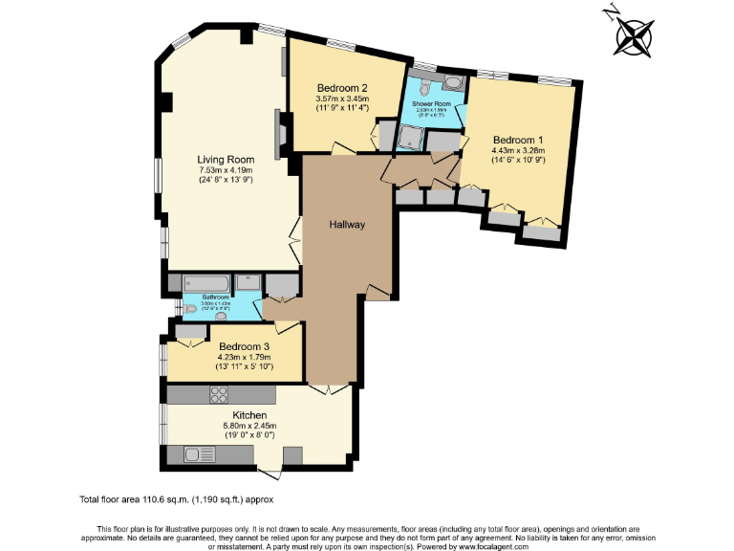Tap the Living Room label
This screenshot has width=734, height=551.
(225, 160)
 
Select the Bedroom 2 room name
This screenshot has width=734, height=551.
(342, 87)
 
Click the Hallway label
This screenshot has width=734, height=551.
(347, 225)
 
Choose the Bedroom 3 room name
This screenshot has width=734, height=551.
(245, 346)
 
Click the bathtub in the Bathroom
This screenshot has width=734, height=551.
(206, 284)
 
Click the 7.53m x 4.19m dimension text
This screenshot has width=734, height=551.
(225, 170)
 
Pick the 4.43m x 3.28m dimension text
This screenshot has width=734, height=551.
(517, 149)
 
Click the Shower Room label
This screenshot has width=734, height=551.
(431, 103)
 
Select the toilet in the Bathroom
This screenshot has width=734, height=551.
(194, 308)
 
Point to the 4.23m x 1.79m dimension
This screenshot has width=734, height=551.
(245, 357)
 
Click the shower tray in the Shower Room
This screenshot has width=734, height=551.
(412, 140)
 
